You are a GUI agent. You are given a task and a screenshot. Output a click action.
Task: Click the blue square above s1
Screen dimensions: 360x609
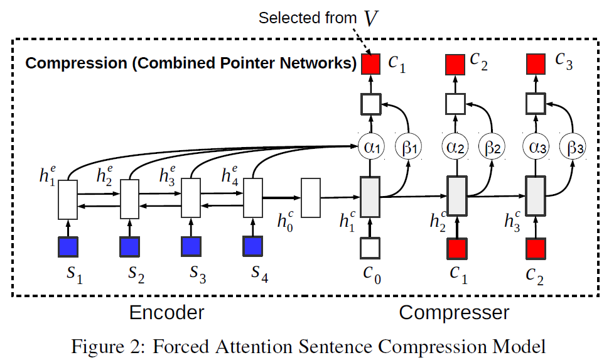(x=68, y=247)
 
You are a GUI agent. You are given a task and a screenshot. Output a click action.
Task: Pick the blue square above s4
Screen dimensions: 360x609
(x=253, y=247)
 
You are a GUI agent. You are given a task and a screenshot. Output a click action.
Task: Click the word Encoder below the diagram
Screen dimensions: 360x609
(x=166, y=312)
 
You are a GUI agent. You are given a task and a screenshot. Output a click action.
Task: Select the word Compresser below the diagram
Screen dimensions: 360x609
(x=454, y=312)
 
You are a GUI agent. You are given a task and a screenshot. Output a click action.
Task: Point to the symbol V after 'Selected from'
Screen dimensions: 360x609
(x=372, y=19)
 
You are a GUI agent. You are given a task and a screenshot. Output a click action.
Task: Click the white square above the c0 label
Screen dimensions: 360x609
(x=370, y=248)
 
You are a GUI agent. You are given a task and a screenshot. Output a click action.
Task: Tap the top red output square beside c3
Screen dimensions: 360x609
(x=535, y=63)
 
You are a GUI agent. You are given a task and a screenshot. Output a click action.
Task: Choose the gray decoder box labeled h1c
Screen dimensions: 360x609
(x=370, y=196)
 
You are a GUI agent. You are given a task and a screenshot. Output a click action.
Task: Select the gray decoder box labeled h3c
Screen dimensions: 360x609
(x=535, y=196)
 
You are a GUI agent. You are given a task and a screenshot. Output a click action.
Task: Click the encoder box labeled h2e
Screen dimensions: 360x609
(x=129, y=199)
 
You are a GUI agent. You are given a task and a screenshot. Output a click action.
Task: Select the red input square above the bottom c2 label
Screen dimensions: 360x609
(x=535, y=248)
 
